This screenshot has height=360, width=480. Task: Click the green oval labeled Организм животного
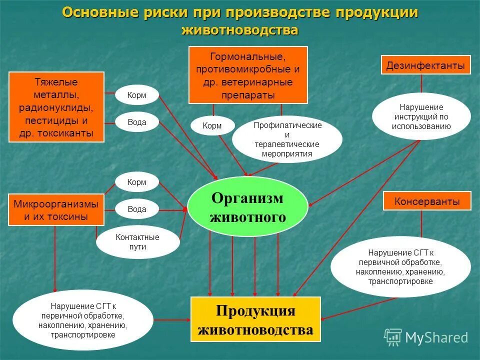[x=247, y=206]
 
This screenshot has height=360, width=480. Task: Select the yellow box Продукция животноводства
[x=255, y=319]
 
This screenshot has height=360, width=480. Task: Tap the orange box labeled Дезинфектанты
[x=426, y=65]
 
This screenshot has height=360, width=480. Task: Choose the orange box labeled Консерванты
[x=427, y=201]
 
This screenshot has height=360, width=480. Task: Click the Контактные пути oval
[x=137, y=242]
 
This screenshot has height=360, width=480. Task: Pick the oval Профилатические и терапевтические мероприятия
[x=287, y=139]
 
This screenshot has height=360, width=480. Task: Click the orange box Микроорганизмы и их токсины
[x=56, y=210]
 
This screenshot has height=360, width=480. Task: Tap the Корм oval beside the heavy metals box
[x=136, y=95]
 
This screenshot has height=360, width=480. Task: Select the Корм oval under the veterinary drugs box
[x=212, y=126]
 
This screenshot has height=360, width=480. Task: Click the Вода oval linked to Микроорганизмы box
[x=136, y=209]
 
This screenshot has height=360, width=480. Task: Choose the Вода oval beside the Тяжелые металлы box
[x=136, y=122]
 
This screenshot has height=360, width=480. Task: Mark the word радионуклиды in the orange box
[x=56, y=107]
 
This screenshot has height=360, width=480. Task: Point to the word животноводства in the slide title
[x=240, y=30]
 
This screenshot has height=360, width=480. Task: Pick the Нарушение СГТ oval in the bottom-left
[x=82, y=320]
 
